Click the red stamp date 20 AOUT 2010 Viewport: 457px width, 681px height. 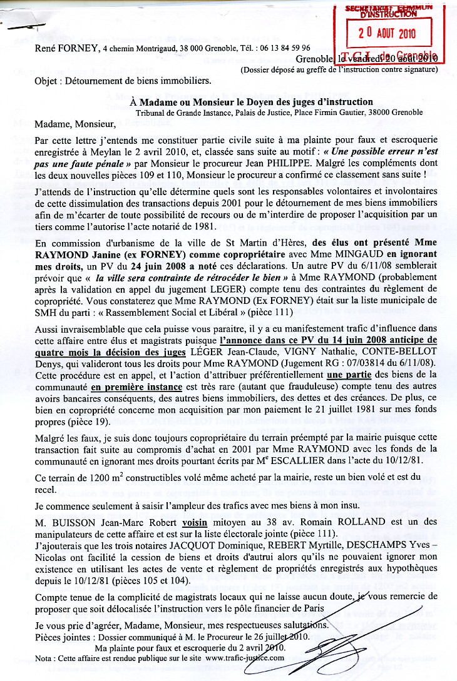coord(389,33)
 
